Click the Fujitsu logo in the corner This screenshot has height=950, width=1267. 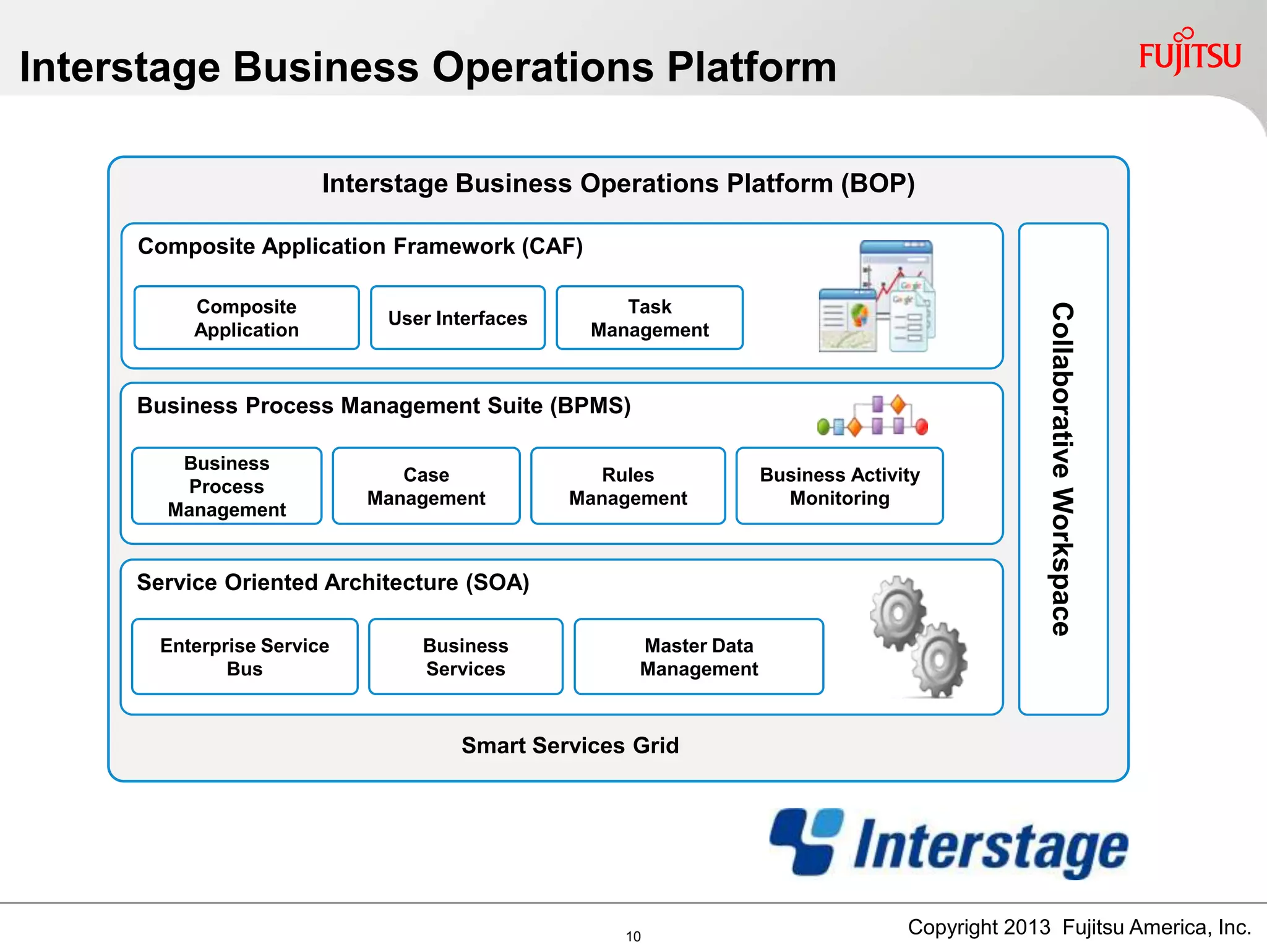click(x=1190, y=54)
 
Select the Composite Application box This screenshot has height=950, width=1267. click(x=246, y=318)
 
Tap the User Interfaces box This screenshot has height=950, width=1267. click(x=457, y=318)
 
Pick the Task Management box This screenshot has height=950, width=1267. click(x=649, y=318)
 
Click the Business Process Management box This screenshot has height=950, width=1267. click(x=226, y=486)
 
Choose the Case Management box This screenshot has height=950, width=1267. click(x=426, y=486)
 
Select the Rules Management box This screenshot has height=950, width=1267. click(x=627, y=486)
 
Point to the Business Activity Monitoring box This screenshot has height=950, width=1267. click(x=839, y=486)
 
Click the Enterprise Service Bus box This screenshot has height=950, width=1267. click(x=244, y=657)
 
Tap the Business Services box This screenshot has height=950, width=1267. click(x=465, y=657)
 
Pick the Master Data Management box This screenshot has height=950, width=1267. click(x=698, y=657)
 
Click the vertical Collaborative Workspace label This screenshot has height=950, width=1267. click(x=1062, y=469)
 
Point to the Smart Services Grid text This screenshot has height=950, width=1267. click(x=570, y=745)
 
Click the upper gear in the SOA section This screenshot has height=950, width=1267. click(x=897, y=613)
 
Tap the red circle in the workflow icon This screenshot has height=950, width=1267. click(x=921, y=426)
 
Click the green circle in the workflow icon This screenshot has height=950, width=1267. click(x=823, y=426)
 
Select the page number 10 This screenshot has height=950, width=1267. click(x=633, y=936)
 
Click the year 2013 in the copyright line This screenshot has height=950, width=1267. click(x=1026, y=927)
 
